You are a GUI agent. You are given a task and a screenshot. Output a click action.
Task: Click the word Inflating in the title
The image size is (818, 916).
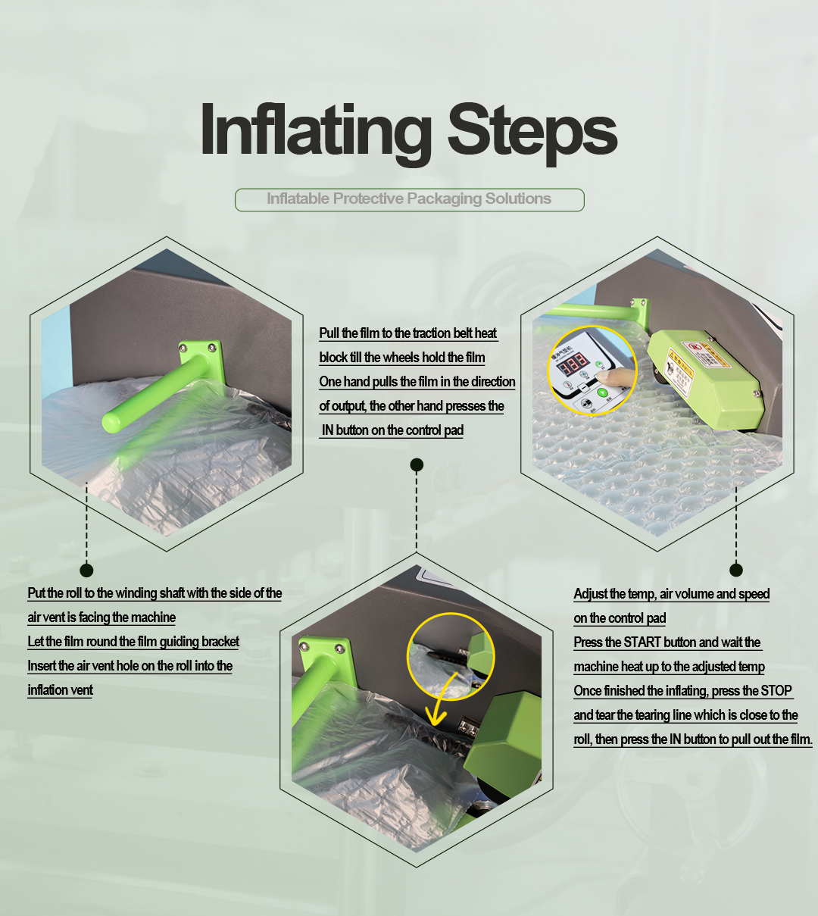coord(315,130)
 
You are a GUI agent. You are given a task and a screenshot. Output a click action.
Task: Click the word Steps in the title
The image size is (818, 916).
coord(532,131)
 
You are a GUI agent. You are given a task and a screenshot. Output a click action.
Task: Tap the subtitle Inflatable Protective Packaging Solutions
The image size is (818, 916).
coord(409,199)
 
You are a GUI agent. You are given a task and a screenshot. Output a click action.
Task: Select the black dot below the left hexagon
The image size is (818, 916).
coord(86,570)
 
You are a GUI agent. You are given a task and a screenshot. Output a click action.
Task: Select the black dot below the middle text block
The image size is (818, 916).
coord(417,464)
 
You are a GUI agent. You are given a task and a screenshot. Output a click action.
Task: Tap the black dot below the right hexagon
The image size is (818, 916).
coord(736,570)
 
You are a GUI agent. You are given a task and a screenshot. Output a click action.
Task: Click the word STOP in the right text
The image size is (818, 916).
coord(776,690)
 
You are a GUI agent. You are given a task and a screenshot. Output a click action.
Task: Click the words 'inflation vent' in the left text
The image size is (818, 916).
coord(60,690)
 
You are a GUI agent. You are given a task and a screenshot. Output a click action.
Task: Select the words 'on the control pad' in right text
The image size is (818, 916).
coord(620,617)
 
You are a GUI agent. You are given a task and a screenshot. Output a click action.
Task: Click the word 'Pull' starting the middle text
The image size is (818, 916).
coord(329,333)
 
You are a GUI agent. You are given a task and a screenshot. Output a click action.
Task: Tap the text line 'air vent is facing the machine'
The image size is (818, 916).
coord(101,617)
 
